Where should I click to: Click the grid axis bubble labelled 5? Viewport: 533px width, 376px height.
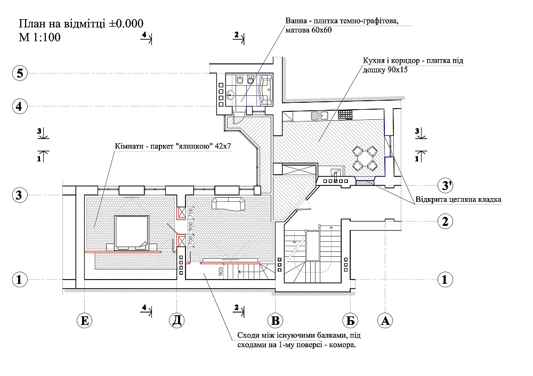tap(20, 73)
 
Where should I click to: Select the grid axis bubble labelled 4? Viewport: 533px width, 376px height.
tap(20, 107)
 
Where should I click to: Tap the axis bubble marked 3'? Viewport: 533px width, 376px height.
tap(445, 185)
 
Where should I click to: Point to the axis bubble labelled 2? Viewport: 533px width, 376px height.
tap(445, 221)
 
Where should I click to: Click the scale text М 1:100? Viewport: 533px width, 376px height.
tap(39, 37)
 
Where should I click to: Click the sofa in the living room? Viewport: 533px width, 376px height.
tap(229, 203)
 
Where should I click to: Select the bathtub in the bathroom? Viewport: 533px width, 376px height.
tap(266, 89)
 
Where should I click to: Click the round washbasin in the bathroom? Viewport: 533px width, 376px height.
tap(230, 96)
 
